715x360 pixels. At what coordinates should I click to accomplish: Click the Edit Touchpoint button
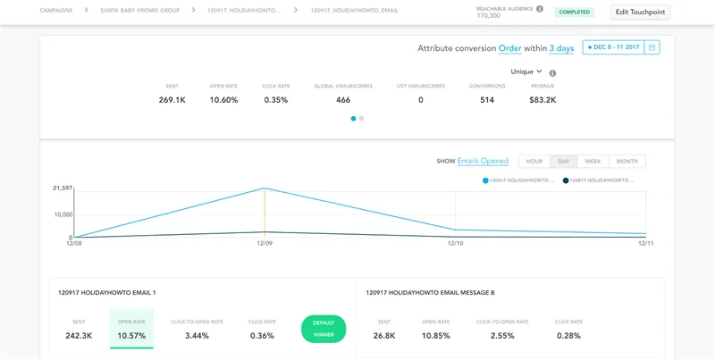640,13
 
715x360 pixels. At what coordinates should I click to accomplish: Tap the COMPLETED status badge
574,13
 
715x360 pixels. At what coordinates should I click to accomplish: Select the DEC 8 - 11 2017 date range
613,47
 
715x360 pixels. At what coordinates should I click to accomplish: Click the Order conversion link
509,48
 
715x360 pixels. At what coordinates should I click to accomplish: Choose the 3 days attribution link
561,48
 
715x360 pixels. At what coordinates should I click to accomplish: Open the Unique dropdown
526,71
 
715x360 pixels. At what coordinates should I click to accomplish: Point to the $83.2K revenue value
543,100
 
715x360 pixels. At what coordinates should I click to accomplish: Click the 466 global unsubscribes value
343,100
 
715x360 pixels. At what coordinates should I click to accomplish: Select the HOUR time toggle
534,162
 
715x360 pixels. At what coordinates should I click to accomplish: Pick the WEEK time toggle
593,162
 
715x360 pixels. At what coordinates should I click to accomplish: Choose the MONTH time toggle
627,162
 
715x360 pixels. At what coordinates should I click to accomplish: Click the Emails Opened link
483,161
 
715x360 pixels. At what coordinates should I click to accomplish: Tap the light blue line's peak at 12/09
265,188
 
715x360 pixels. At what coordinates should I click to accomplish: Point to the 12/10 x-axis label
455,244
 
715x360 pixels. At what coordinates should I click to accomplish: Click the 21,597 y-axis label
63,188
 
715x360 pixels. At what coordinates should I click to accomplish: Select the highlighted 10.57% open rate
131,336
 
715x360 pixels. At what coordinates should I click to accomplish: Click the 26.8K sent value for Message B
384,336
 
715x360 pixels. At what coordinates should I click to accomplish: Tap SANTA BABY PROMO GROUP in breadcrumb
140,10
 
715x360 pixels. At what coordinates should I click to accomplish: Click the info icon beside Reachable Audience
540,9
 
